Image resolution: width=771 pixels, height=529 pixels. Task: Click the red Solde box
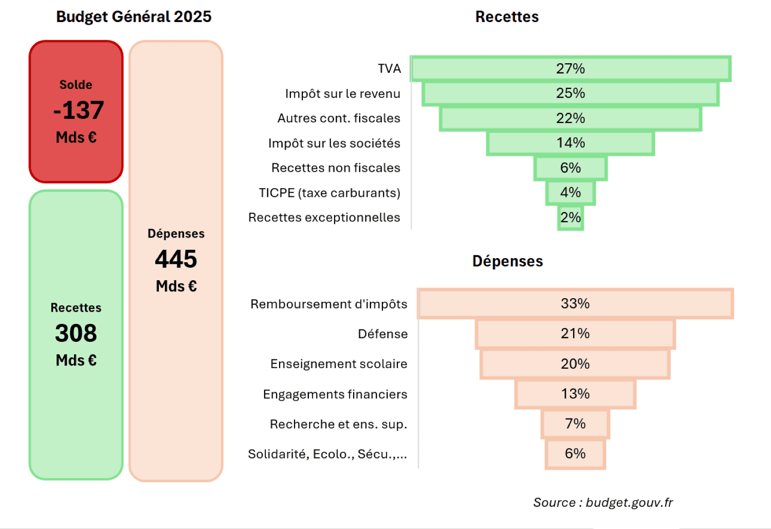(76, 112)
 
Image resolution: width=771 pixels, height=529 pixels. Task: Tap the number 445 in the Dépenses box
(176, 259)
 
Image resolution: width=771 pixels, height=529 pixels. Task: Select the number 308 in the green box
(76, 333)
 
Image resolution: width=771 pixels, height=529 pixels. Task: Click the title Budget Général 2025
(134, 16)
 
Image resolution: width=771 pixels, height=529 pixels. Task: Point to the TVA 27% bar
(571, 68)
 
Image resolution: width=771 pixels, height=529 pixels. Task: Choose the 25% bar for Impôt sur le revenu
(571, 94)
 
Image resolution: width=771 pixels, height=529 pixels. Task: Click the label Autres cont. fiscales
(339, 118)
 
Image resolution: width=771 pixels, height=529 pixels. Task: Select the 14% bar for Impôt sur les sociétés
(571, 143)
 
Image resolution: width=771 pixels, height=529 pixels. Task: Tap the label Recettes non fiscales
(336, 168)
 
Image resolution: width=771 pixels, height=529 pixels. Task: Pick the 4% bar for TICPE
(571, 193)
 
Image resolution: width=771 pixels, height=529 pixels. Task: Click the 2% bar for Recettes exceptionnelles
(571, 217)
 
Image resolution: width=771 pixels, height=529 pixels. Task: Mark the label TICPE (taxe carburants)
(329, 193)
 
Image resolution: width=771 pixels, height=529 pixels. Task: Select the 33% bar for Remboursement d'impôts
(575, 303)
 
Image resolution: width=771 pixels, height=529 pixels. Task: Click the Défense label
(382, 334)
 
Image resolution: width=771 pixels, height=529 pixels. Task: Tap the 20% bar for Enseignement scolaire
(575, 364)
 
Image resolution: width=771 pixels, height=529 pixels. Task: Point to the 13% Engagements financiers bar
(575, 394)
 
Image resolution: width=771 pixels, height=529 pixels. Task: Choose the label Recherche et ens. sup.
(338, 424)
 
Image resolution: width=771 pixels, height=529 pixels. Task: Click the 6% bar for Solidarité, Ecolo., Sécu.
(575, 453)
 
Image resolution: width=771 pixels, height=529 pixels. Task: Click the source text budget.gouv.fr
(629, 502)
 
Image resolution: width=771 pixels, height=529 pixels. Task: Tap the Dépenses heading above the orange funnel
(507, 261)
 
